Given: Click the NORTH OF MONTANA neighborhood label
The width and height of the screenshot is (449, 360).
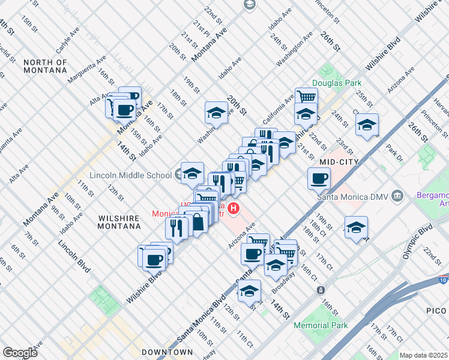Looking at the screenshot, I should [45, 66].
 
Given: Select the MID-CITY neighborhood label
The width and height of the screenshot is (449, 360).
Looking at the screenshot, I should [339, 162].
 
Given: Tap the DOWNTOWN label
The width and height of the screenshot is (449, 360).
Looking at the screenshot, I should [167, 352].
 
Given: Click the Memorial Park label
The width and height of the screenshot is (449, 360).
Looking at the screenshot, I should [321, 325].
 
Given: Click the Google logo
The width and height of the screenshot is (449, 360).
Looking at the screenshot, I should [20, 352].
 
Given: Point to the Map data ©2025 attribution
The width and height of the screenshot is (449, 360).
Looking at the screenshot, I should [423, 355].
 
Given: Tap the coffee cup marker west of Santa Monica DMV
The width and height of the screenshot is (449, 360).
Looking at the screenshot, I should [319, 178].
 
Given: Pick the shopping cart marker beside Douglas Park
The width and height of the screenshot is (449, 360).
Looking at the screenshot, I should [306, 96].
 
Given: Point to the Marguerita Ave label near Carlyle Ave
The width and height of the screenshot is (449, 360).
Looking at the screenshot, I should [86, 69].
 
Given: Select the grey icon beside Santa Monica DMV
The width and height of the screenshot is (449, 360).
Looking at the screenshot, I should [397, 196].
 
